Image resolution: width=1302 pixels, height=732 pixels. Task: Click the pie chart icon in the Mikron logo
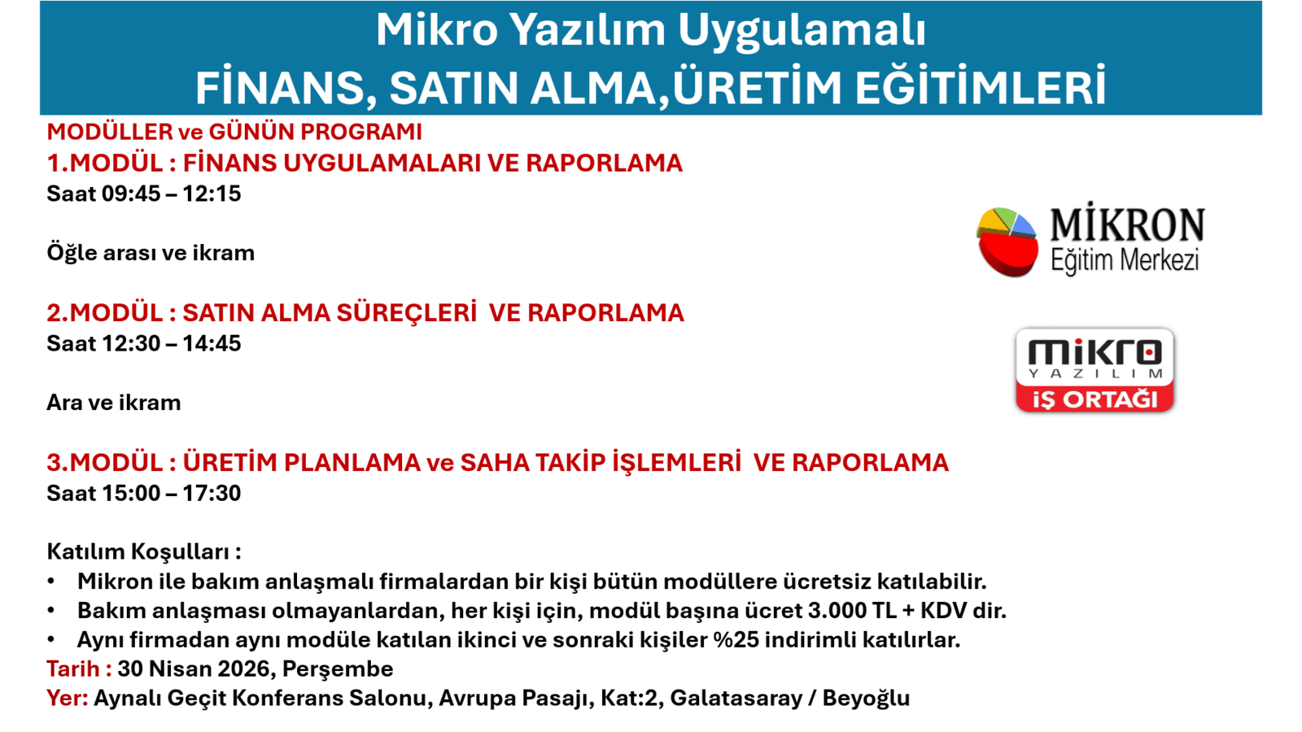pos(1007,242)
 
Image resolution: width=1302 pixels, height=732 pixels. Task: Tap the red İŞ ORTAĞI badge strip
pos(1094,399)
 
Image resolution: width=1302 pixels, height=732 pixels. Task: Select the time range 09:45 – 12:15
pos(171,194)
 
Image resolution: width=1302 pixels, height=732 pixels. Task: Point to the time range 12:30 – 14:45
pos(171,343)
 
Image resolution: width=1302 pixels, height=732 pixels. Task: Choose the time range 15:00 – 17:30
pos(171,493)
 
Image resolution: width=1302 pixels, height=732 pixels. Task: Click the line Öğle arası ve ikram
pos(151,253)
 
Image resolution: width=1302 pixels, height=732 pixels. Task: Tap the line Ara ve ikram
pos(113,403)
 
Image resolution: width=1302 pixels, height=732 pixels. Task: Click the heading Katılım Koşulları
pos(143,551)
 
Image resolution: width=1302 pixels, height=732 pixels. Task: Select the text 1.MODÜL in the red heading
pos(105,163)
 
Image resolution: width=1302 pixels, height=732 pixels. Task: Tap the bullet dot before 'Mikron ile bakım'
pos(51,582)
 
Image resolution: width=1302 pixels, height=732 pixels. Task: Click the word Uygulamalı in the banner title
pos(802,30)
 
